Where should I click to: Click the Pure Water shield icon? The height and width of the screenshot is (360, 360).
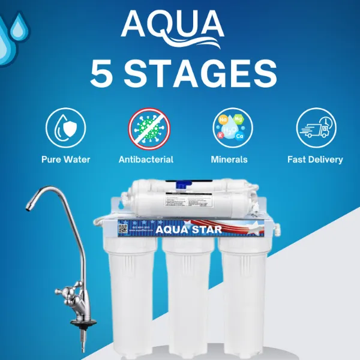click(65, 128)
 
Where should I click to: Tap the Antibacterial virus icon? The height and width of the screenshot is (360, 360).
click(149, 128)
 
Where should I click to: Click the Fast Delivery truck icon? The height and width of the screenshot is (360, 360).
click(314, 128)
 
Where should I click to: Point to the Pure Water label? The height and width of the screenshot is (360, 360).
click(65, 160)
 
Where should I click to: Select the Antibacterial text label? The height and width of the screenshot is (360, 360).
click(146, 160)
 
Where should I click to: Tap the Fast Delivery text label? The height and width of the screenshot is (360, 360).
click(315, 160)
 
